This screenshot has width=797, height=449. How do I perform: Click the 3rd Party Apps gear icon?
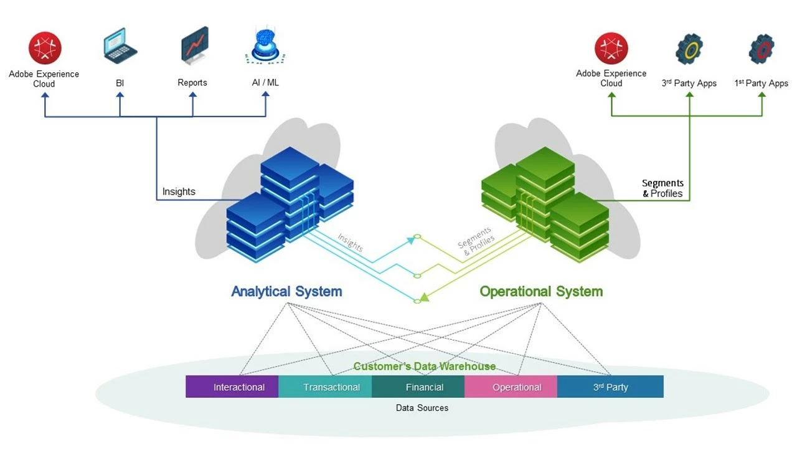(689, 49)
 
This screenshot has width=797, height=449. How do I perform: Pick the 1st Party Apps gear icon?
(762, 49)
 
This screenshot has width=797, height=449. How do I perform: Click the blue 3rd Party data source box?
(610, 387)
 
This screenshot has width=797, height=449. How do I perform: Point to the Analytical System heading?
(286, 291)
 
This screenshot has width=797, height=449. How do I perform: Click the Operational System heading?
(541, 291)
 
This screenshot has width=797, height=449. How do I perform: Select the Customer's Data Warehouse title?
(425, 367)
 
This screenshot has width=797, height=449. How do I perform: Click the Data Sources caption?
(422, 408)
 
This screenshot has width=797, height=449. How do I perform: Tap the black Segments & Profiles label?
(663, 188)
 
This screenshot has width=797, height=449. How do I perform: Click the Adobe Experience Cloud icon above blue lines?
(45, 49)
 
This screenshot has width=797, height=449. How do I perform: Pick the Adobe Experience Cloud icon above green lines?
(611, 49)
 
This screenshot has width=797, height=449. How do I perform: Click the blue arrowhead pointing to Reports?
(192, 95)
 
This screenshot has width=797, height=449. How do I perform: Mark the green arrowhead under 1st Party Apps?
(762, 95)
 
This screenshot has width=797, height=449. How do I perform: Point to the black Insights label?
(179, 191)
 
